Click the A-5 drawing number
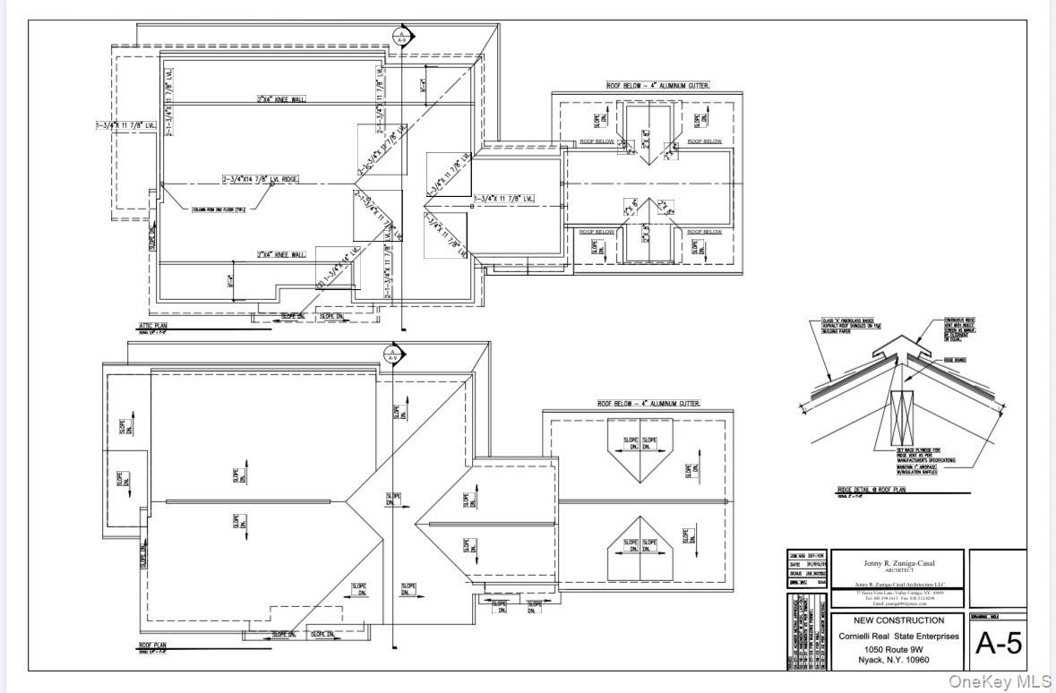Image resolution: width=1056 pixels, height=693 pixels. tap(998, 643)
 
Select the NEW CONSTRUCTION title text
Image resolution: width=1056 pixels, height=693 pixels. tap(897, 620)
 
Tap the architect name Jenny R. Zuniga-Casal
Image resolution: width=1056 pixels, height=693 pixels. tap(897, 562)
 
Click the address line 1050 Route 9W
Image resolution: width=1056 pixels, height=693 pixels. tap(897, 648)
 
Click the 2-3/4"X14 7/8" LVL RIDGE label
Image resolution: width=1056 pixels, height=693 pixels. tap(260, 179)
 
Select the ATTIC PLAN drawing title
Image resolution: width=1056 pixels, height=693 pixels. tap(154, 328)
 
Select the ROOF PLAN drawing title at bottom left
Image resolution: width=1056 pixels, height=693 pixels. tap(152, 644)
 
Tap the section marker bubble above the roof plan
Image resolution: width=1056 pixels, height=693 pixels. tap(391, 354)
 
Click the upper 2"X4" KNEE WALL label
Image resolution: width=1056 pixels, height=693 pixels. tap(280, 99)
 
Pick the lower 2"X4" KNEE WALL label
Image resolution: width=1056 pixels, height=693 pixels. tap(280, 255)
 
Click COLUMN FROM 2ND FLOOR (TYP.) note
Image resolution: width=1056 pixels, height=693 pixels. tap(219, 210)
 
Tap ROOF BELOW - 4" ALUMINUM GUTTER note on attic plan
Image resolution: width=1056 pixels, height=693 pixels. tap(658, 86)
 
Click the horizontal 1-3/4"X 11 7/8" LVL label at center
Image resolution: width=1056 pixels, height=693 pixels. tap(504, 198)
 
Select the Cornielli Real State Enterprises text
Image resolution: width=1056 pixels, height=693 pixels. tap(897, 636)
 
